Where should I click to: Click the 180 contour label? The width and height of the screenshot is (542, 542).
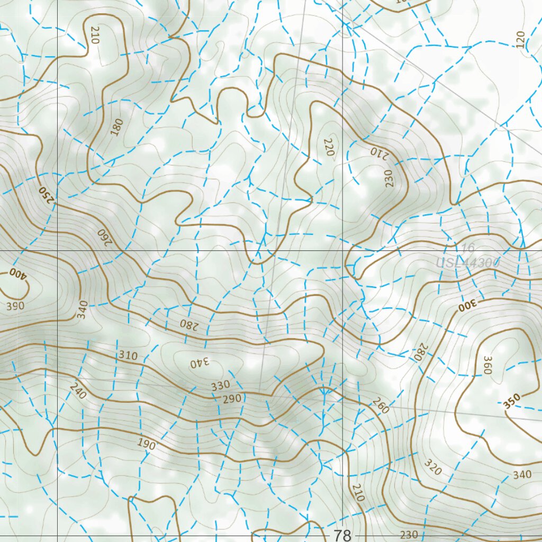point(117,127)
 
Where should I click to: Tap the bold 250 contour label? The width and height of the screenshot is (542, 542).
point(47,194)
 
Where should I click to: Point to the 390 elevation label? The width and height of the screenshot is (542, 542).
point(15,306)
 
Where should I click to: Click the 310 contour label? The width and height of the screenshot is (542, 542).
point(128,355)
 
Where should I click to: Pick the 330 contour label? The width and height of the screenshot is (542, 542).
point(221,385)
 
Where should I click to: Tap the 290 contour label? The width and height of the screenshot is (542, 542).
point(232,398)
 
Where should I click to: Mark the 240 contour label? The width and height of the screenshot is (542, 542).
point(77,391)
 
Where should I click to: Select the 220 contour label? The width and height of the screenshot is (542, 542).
point(329,147)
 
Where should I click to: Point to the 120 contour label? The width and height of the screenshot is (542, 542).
point(520,39)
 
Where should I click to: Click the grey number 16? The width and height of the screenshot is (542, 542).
point(467,248)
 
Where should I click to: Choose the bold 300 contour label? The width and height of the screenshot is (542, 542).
point(468,304)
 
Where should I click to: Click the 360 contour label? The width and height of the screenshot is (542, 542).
point(487,365)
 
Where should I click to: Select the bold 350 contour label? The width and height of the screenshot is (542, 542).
point(512,401)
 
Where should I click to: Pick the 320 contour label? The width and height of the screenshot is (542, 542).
point(432,467)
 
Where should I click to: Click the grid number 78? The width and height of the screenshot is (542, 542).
point(342,535)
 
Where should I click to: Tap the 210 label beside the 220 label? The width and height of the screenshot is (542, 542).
point(379,152)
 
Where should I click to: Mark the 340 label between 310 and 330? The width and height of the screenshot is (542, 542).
point(200,363)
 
